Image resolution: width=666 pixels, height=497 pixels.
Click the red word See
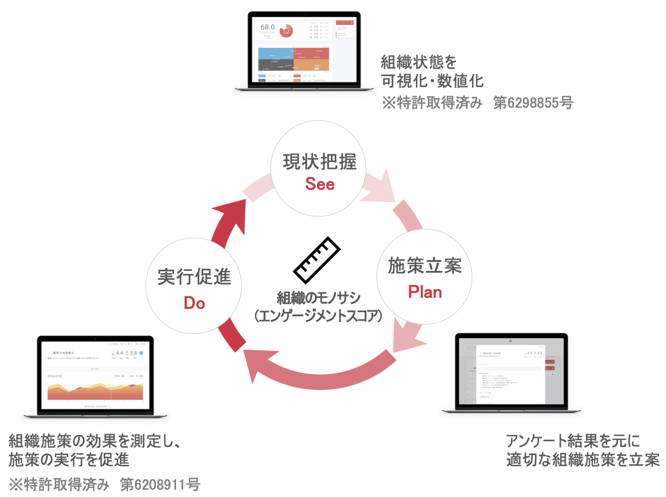click(x=320, y=184)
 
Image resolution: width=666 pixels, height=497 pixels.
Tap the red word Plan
click(x=425, y=292)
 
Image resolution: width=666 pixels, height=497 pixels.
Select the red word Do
click(x=194, y=303)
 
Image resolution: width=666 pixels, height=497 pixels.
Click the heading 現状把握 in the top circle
click(x=320, y=162)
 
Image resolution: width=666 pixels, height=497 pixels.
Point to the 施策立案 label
click(x=425, y=266)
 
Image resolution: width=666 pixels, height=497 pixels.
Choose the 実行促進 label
click(x=194, y=277)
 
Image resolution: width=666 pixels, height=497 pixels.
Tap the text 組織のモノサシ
click(x=318, y=298)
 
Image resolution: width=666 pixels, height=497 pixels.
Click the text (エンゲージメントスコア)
click(x=318, y=316)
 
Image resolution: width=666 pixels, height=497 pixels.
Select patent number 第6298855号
click(x=533, y=103)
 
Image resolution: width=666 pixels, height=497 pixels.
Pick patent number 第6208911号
click(x=160, y=484)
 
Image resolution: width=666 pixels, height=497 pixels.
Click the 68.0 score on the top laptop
click(x=267, y=27)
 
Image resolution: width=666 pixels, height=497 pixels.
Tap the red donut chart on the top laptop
click(x=286, y=31)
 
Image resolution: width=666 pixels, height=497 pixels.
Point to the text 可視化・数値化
click(x=432, y=81)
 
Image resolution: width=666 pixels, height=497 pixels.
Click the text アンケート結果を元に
click(x=573, y=441)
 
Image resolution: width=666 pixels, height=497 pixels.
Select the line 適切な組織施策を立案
click(x=583, y=460)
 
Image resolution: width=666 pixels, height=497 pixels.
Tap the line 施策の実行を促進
click(x=69, y=460)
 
